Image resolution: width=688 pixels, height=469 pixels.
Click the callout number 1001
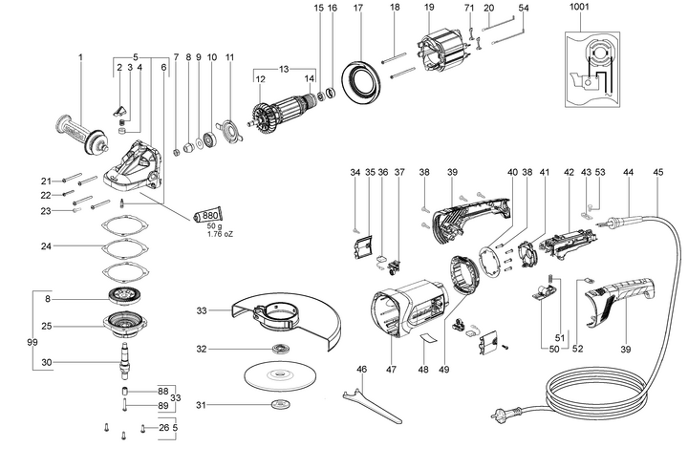pos(579,7)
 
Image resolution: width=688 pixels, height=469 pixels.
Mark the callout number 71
pos(469,8)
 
